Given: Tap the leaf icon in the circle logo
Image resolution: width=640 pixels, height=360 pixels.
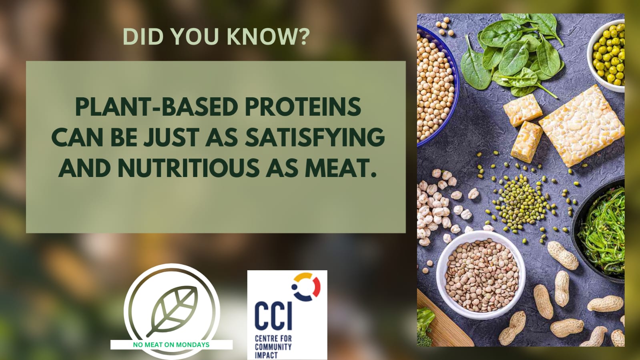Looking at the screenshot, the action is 172,311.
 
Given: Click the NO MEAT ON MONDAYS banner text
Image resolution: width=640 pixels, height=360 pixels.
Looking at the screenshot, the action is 171,344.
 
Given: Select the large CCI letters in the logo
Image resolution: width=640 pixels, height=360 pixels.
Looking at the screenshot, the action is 273,316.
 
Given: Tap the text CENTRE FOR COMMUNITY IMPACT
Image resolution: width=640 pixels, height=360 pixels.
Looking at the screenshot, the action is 273,347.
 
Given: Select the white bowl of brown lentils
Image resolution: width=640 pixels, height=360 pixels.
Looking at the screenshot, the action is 481,276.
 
